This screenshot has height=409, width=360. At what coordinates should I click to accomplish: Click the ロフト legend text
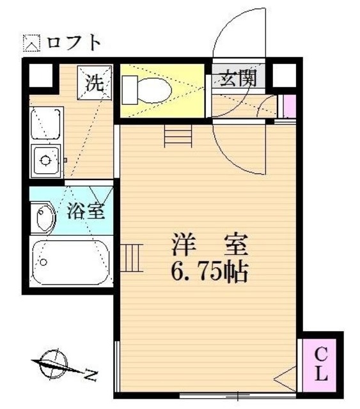(74, 43)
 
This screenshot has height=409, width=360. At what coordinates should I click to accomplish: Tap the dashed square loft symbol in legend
(31, 43)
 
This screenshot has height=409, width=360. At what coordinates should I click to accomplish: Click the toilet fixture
(147, 89)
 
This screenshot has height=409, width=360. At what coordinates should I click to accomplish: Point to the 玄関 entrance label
(239, 78)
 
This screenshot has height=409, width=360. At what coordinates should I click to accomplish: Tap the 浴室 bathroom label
(86, 211)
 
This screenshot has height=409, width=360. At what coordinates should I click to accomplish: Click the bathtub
(70, 260)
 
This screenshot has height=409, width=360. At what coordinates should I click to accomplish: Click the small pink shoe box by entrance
(289, 106)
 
